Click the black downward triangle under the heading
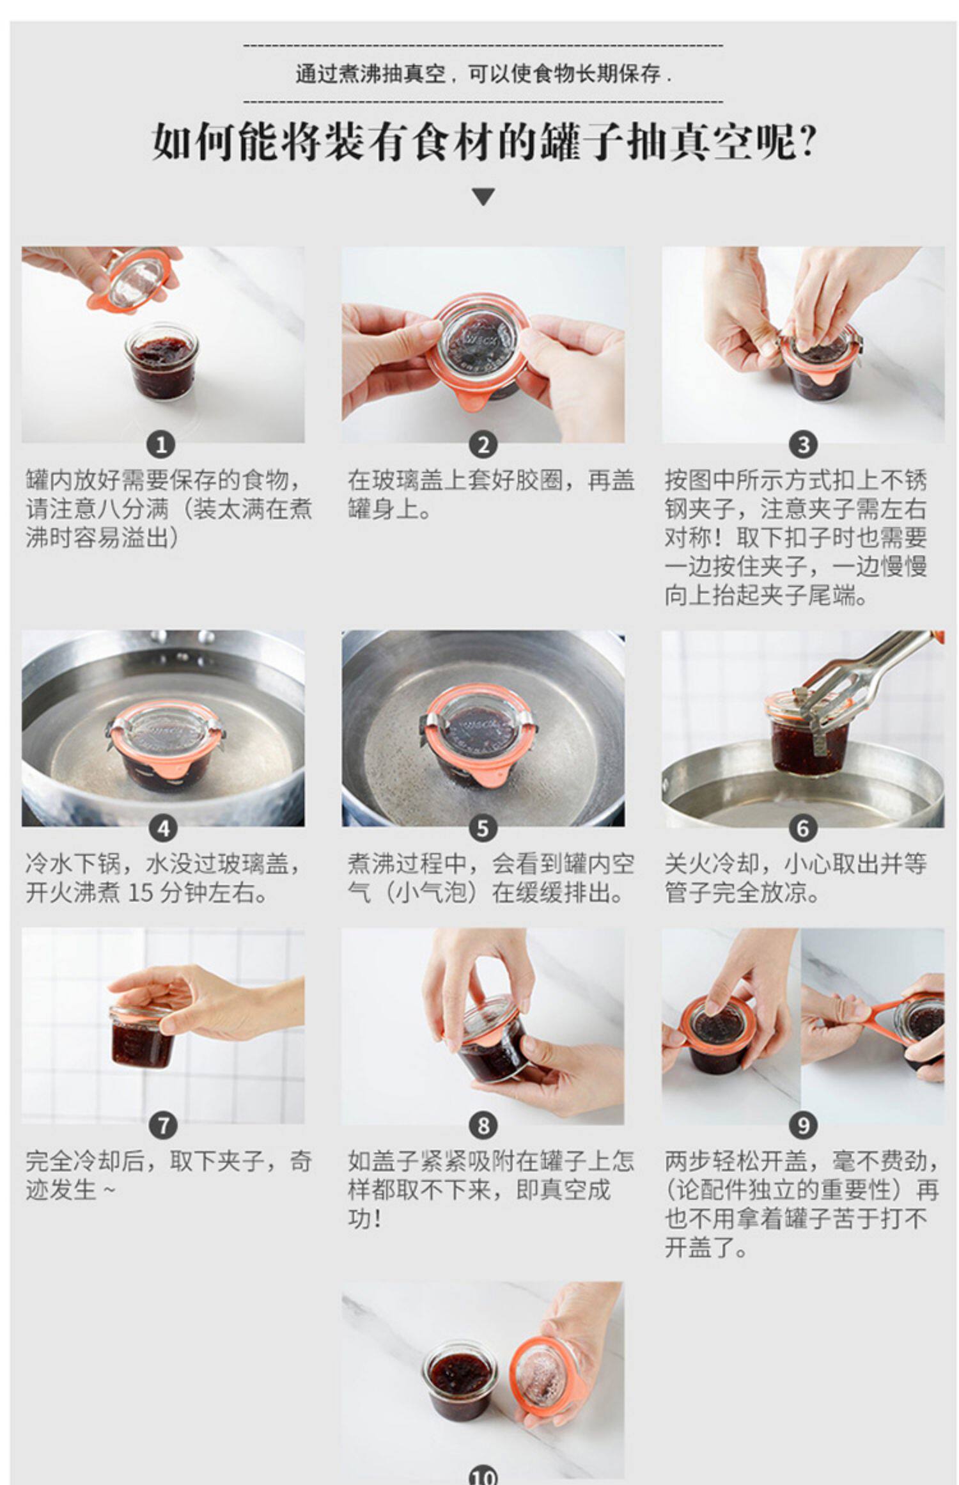coord(483,196)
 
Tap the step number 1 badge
coord(161,444)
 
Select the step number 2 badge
coord(483,444)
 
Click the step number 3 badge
coord(803,444)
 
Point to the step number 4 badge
coord(163,828)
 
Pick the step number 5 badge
coord(483,828)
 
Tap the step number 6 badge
coord(803,828)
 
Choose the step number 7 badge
coord(163,1125)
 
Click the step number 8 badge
coord(483,1125)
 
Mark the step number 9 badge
coord(803,1125)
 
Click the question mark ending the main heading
coord(807,141)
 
